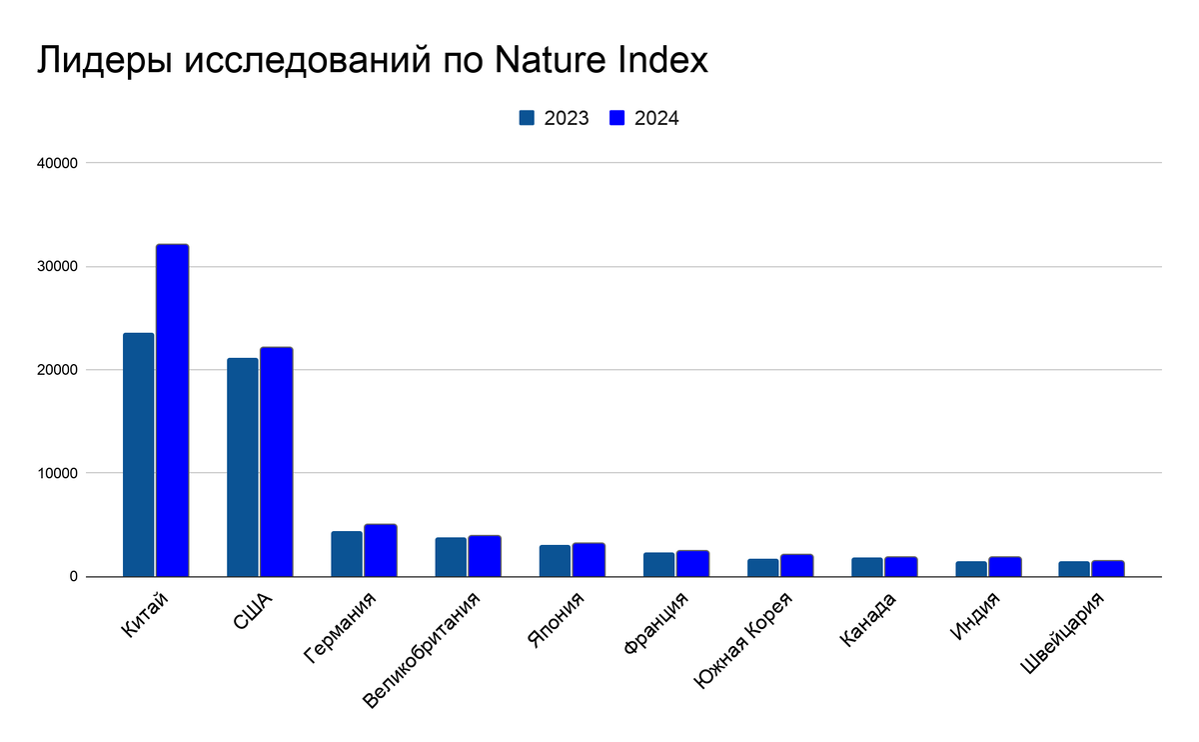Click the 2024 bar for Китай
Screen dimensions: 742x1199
(x=172, y=410)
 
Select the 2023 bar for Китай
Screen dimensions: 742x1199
(x=138, y=455)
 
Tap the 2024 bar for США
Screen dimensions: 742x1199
(x=276, y=462)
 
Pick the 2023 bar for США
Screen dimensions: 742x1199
(x=242, y=467)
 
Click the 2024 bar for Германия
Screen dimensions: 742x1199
(x=380, y=551)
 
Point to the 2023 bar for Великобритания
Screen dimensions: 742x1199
(x=451, y=557)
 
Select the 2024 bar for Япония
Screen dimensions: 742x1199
(x=589, y=560)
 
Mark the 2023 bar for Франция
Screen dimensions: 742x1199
(x=658, y=565)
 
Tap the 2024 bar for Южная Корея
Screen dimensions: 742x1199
(x=796, y=566)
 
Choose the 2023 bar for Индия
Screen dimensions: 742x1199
(x=971, y=569)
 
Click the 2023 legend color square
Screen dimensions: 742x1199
(x=528, y=118)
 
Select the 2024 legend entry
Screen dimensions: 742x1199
(x=645, y=118)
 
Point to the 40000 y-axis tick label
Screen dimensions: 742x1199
(x=58, y=163)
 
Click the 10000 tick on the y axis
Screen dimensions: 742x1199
(x=58, y=473)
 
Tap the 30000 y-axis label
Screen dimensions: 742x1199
(x=58, y=267)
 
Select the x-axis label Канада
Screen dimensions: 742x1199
(x=867, y=620)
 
